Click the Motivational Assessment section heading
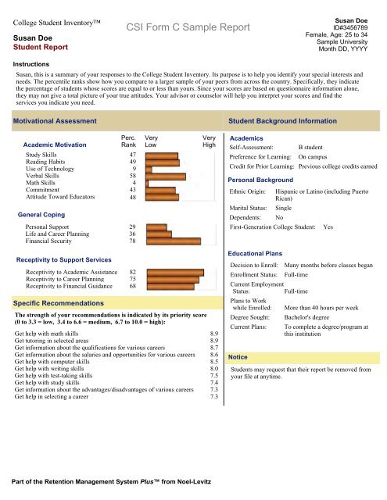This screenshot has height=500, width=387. click(54, 122)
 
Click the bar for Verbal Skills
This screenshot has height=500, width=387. click(165, 177)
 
